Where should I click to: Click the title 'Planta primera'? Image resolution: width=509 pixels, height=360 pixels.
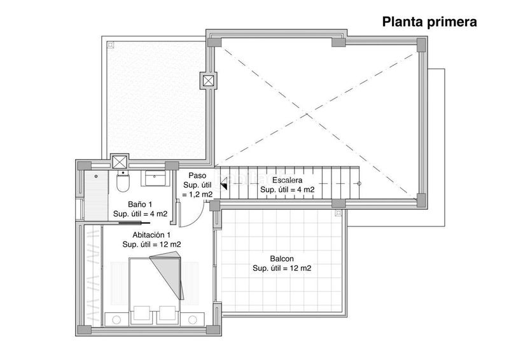pyautogui.click(x=429, y=23)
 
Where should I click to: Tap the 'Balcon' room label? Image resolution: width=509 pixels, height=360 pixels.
pyautogui.click(x=282, y=259)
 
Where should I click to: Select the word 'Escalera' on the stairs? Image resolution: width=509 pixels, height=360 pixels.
pyautogui.click(x=287, y=180)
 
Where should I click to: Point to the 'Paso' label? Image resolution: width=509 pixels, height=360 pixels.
pyautogui.click(x=197, y=176)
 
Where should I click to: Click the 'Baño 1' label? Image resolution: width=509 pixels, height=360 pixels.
pyautogui.click(x=140, y=205)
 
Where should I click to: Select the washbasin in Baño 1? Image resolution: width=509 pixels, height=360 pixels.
pyautogui.click(x=153, y=176)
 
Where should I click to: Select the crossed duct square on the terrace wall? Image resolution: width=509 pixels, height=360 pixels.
pyautogui.click(x=209, y=81)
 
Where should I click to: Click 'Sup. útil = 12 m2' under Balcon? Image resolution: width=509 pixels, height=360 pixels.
pyautogui.click(x=282, y=269)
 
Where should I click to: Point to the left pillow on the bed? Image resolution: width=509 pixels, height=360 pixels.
pyautogui.click(x=142, y=314)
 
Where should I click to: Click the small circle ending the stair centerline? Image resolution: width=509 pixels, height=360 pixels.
pyautogui.click(x=359, y=184)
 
